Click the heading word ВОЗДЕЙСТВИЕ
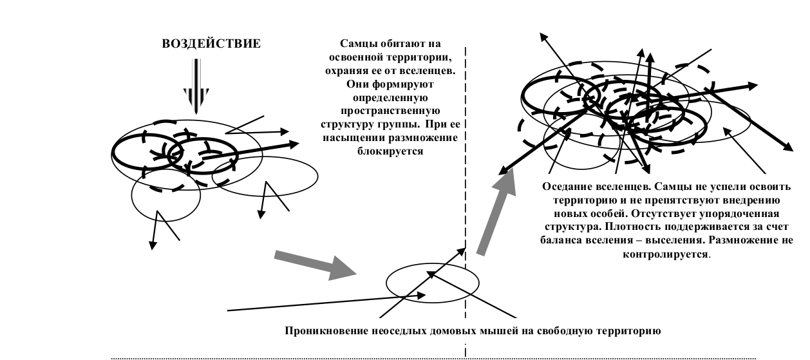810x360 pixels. [211, 44]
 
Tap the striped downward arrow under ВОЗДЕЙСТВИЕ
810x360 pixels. [196, 86]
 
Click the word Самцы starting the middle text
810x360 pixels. [357, 44]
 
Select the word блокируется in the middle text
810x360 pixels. [390, 151]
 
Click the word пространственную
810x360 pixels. [390, 111]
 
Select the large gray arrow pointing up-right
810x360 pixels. [497, 212]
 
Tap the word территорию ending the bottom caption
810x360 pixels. [629, 330]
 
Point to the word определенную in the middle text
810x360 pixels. [390, 98]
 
